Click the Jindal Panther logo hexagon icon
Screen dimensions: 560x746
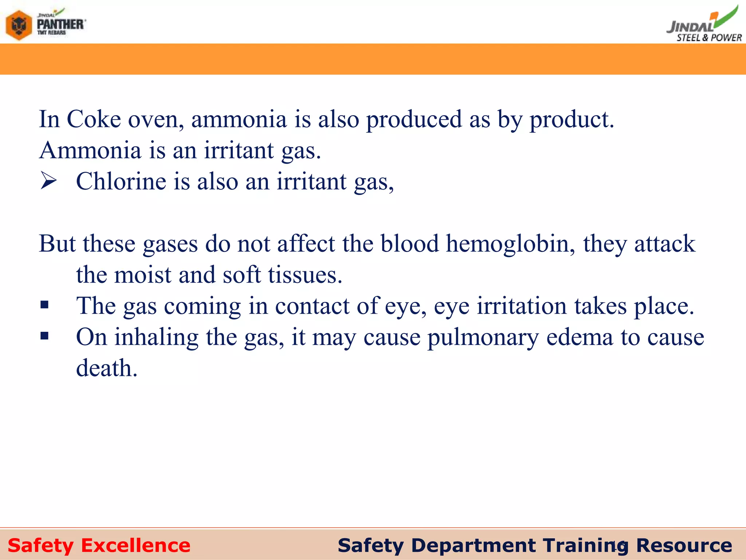[x=19, y=25]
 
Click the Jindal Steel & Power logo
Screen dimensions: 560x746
[x=703, y=26]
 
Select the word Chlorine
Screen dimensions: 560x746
[x=121, y=181]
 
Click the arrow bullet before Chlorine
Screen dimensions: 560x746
[x=48, y=181]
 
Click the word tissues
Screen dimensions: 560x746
[x=305, y=275]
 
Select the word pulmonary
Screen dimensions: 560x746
[x=483, y=337]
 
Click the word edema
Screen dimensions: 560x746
[x=580, y=337]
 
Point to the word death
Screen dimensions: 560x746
[x=106, y=368]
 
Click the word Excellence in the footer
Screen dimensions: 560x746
[x=136, y=545]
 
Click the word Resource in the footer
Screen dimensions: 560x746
[x=684, y=545]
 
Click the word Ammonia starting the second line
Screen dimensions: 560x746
[x=90, y=150]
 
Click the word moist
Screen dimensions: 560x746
[x=142, y=275]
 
